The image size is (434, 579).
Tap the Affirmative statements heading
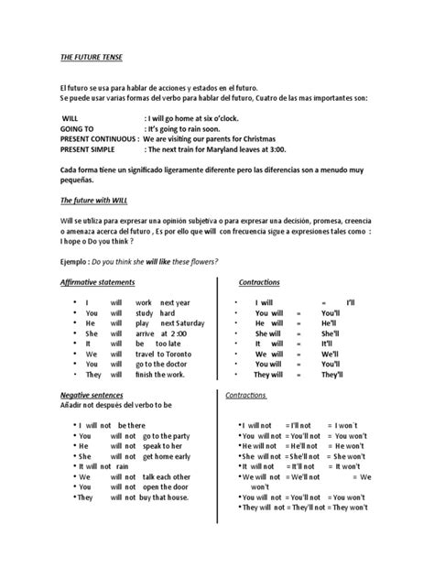(96, 283)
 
